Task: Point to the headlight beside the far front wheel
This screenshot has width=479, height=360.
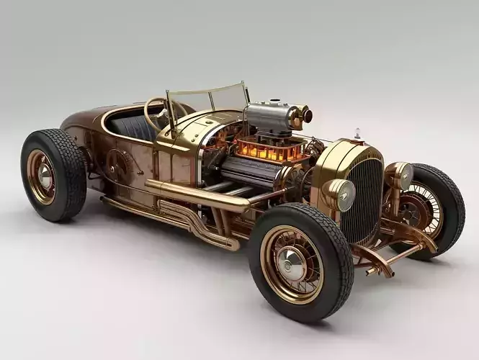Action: pos(401,174)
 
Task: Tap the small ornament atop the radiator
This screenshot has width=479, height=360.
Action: pos(356,134)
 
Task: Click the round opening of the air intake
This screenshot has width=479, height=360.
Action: pos(307,114)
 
